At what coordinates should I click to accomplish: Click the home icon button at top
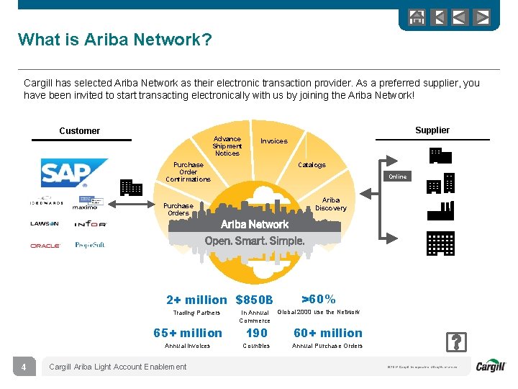(x=417, y=17)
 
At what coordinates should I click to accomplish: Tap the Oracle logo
(x=45, y=246)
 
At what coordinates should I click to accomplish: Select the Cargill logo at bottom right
(x=491, y=367)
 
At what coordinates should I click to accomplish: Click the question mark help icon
(x=456, y=341)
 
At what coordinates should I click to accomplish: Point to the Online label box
(x=398, y=176)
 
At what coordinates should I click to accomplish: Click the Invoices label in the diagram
(x=273, y=141)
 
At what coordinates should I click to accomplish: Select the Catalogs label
(x=312, y=165)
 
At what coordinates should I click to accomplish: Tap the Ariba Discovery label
(x=331, y=204)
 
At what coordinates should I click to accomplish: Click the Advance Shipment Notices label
(x=227, y=146)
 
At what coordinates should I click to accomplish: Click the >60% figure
(x=318, y=299)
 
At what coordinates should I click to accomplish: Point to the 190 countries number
(x=256, y=333)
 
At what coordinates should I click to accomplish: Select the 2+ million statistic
(x=196, y=300)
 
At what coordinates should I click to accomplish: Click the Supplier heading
(x=432, y=130)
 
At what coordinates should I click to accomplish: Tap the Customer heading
(x=79, y=131)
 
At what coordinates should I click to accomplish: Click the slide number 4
(x=24, y=367)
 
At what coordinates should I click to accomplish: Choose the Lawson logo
(x=45, y=224)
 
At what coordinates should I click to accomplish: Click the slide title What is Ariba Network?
(x=115, y=40)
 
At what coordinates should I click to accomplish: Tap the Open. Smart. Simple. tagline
(x=255, y=241)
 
